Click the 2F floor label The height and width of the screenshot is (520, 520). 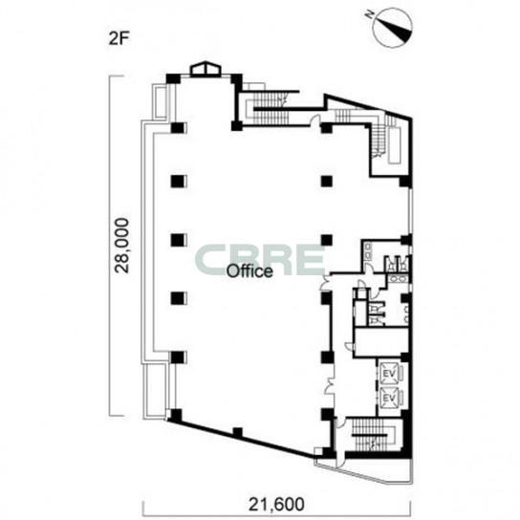[119, 39]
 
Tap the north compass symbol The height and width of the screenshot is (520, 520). [393, 28]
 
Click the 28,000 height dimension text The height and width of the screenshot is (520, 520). [121, 246]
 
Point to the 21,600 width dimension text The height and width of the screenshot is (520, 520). [276, 505]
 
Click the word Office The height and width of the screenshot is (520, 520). [249, 271]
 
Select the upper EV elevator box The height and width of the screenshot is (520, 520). [390, 374]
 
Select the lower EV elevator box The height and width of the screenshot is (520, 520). [390, 398]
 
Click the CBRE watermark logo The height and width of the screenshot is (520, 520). [260, 260]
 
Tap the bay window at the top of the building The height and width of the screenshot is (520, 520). [205, 69]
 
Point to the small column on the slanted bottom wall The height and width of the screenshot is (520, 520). [237, 432]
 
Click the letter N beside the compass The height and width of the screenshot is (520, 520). [369, 13]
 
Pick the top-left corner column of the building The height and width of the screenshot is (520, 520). [172, 79]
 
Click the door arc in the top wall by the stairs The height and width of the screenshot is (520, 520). [315, 119]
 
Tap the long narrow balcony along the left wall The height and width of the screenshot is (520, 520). [147, 241]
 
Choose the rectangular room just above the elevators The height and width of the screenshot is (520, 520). [381, 342]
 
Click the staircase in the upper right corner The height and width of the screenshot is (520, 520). [379, 140]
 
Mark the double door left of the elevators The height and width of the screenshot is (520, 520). [330, 386]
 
